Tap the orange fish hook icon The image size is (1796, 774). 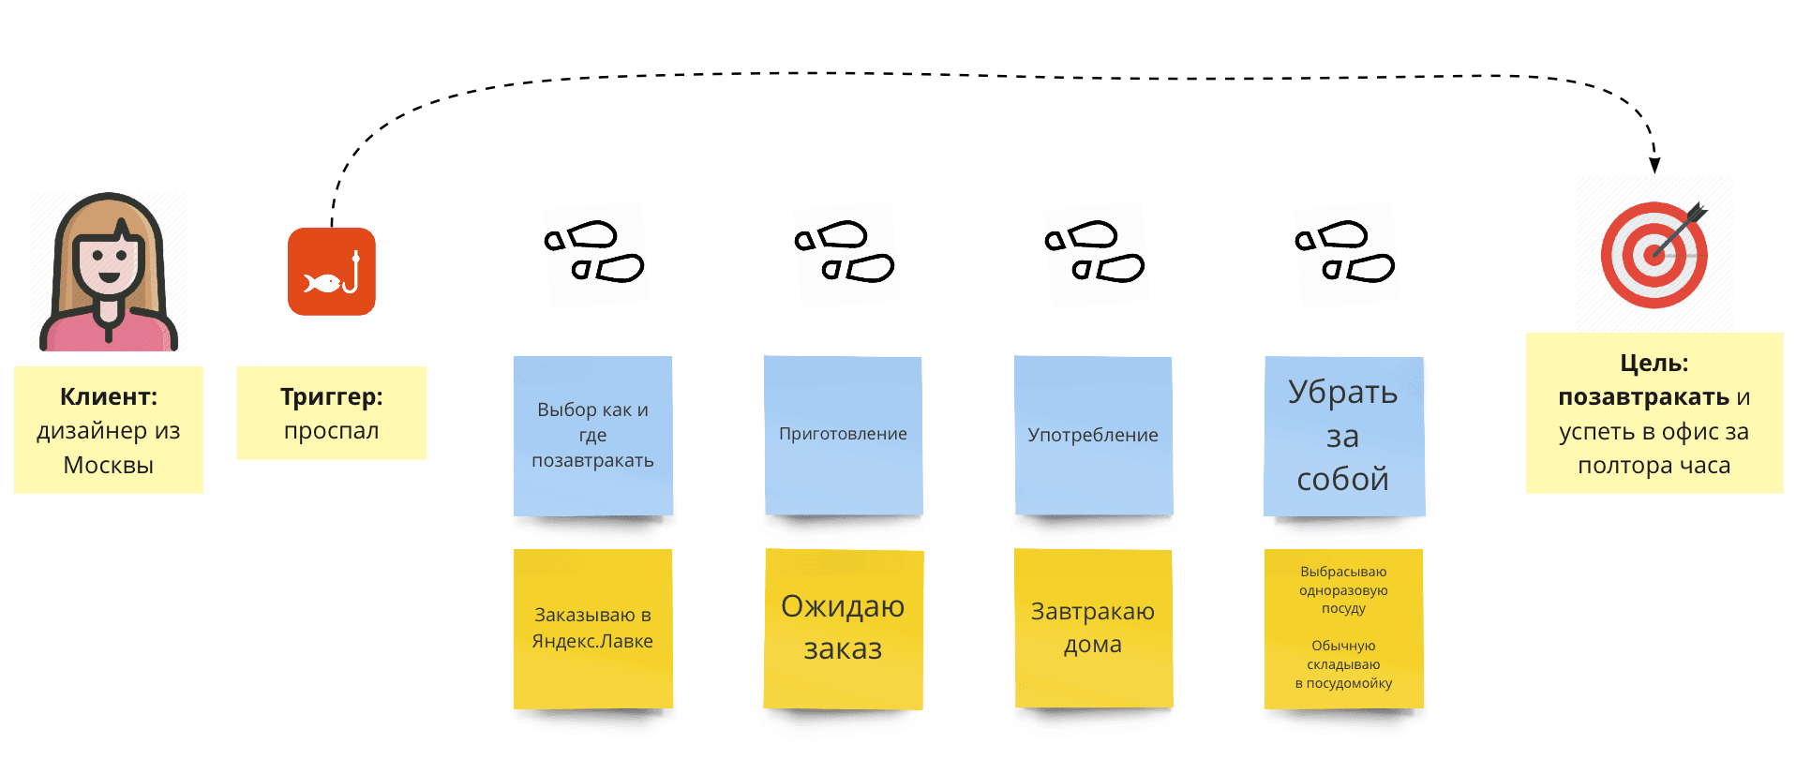[x=332, y=272]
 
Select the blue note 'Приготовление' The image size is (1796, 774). [x=843, y=436]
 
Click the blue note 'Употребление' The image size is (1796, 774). [x=1093, y=436]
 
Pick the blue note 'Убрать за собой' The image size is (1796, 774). [x=1343, y=436]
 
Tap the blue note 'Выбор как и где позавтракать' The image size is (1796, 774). [x=592, y=436]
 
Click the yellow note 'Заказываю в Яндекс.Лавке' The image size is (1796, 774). [x=592, y=629]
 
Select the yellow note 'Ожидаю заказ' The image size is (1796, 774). [x=843, y=629]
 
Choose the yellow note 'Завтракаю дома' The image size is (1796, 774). [x=1093, y=629]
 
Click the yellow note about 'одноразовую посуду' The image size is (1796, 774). [x=1343, y=629]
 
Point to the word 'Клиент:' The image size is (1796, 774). [x=109, y=396]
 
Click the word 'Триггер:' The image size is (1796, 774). [x=332, y=396]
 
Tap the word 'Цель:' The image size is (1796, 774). [x=1654, y=363]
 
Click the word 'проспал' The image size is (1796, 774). [x=332, y=431]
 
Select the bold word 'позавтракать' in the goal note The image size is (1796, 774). [x=1643, y=397]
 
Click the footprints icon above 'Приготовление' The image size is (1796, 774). [x=844, y=251]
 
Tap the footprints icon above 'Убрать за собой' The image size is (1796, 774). [x=1344, y=251]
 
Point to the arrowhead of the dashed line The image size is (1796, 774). [x=1655, y=165]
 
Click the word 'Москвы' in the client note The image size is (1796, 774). [x=109, y=466]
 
